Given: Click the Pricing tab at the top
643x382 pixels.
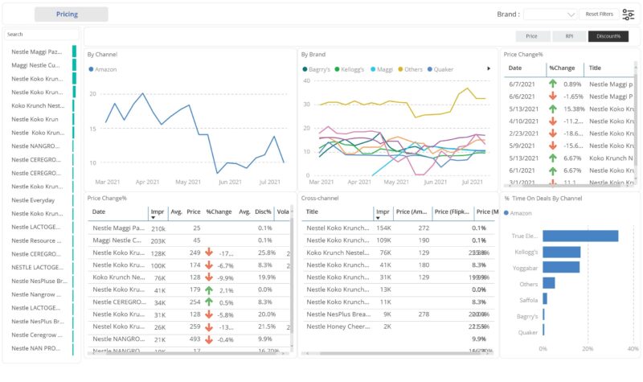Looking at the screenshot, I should click(x=71, y=14).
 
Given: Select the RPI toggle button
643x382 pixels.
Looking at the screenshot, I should click(x=569, y=36).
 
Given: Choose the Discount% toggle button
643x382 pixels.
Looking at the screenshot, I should click(x=608, y=36).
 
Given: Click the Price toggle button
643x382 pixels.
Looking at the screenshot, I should click(x=532, y=36).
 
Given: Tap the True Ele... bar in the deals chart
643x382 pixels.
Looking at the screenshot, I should click(x=580, y=236).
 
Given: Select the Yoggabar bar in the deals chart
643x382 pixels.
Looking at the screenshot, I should click(x=561, y=268).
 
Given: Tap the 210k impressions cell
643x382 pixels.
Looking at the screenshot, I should click(x=158, y=228).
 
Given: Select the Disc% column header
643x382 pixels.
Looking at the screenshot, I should click(x=264, y=212).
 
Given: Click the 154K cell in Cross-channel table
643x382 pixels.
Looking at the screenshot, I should click(x=383, y=228).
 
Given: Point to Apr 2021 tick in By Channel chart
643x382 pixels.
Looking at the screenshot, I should click(x=148, y=182).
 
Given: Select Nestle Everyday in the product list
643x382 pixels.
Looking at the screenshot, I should click(x=34, y=200).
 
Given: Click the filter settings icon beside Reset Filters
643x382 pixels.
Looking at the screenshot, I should click(x=629, y=14).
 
